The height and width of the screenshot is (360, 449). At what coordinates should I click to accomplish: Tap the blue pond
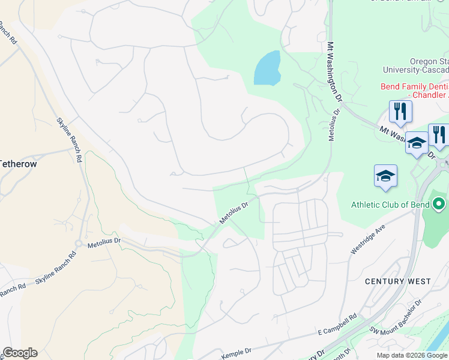[x=268, y=68]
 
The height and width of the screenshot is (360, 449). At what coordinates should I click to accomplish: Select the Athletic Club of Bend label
[x=390, y=204]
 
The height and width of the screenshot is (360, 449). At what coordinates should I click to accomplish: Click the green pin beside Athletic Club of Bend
[x=439, y=205]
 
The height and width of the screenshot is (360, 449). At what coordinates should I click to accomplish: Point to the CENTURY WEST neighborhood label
[x=398, y=281]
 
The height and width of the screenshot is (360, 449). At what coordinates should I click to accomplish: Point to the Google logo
[x=20, y=353]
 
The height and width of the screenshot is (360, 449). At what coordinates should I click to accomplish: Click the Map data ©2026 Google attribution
[x=412, y=355]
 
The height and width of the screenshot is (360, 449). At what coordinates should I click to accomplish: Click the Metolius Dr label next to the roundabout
[x=104, y=244]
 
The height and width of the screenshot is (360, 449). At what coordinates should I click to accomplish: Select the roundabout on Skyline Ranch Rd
[x=79, y=244]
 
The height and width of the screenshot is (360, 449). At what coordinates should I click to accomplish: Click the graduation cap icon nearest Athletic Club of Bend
[x=385, y=176]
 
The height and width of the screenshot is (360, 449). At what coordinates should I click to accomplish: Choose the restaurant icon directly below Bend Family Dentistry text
[x=399, y=111]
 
